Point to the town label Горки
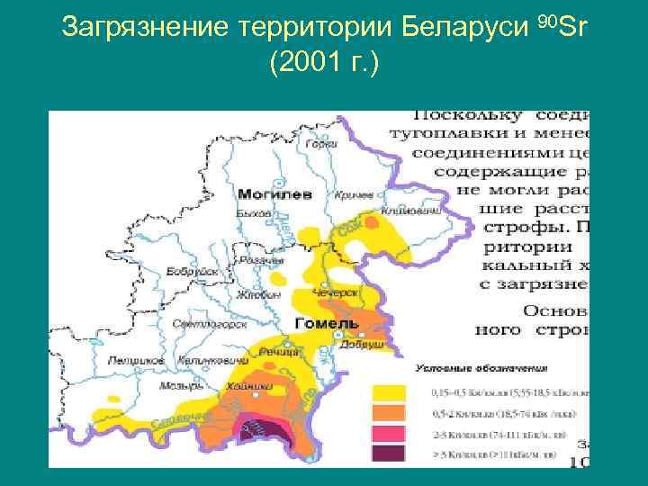coord(321,144)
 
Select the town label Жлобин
coord(259,294)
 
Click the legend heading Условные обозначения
coord(468,368)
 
